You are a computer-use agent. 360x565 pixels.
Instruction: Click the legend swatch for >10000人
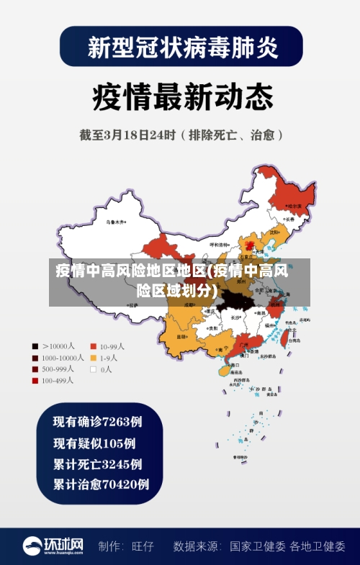tap(35, 346)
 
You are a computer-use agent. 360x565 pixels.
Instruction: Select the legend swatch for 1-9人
tap(93, 358)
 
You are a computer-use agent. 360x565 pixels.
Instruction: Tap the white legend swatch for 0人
tap(93, 369)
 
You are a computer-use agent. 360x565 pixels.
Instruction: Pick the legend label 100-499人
tap(58, 381)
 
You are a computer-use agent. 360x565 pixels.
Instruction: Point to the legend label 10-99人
tap(112, 346)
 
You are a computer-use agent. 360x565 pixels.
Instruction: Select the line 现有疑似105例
tap(94, 443)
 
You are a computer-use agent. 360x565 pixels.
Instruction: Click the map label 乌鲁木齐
tap(115, 222)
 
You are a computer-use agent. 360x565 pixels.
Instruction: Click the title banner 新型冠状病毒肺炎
tap(181, 48)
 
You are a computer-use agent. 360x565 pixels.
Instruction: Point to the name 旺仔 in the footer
tap(143, 546)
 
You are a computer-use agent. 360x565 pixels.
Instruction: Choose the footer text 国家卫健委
tap(258, 546)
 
